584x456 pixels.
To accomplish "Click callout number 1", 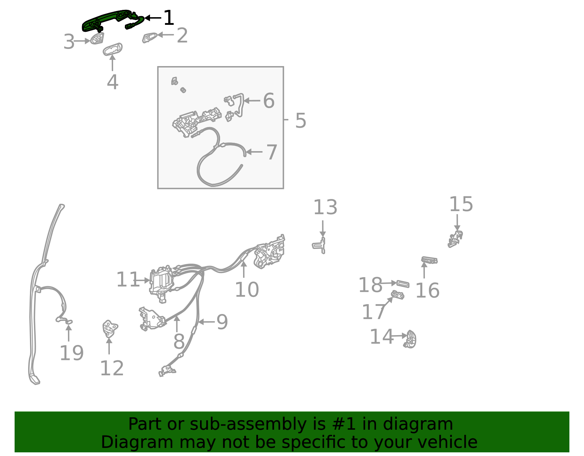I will pos(169,18).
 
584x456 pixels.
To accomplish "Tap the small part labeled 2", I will pos(149,37).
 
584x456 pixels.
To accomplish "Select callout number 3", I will pos(69,42).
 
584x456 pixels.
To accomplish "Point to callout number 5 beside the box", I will pos(300,120).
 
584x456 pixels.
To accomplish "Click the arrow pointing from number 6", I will pos(252,101).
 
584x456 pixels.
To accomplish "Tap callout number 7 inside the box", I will pos(272,152).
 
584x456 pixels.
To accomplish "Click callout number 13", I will pos(325,207).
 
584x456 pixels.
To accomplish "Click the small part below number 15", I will pos(455,239).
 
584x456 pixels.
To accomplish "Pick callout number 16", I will pos(427,291).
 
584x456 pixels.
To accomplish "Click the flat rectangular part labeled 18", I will pos(403,284).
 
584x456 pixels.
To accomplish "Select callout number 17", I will pos(373,312).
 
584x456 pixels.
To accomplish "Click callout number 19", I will pos(72,353).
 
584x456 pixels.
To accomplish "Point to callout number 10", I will pos(247,290).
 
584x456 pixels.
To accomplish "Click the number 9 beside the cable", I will pos(222,322).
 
